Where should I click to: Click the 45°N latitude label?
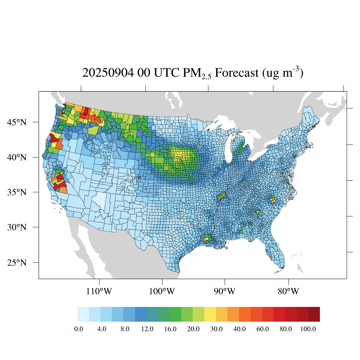click(17, 122)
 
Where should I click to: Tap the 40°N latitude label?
click(17, 157)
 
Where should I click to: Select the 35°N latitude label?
click(17, 192)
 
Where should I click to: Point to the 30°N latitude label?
click(17, 227)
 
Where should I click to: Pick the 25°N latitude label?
click(17, 263)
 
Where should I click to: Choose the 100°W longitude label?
click(162, 291)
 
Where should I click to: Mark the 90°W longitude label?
click(225, 291)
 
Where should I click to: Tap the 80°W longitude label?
click(289, 291)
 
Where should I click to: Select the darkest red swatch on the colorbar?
click(314, 314)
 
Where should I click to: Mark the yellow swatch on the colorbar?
click(210, 314)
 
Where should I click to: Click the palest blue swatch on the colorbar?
click(83, 314)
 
